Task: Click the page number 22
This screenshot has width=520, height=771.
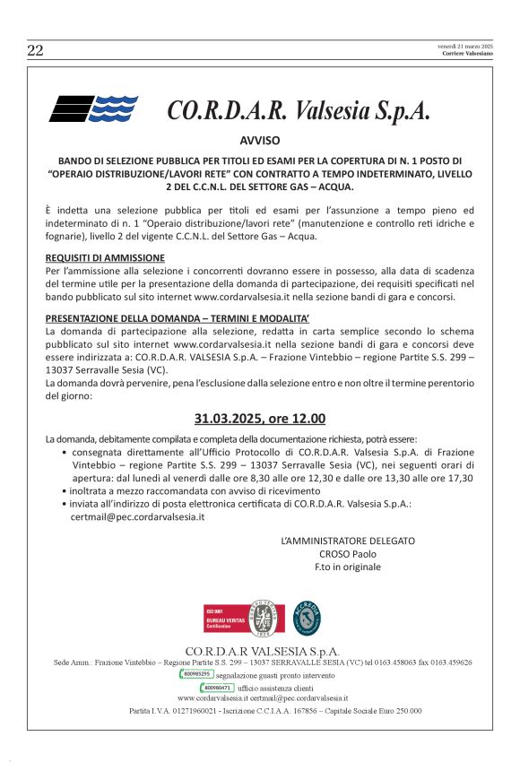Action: (x=36, y=50)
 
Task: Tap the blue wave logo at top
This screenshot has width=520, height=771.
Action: (x=93, y=108)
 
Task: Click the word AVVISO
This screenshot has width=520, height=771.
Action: (x=260, y=141)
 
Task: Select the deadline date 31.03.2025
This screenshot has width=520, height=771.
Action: (x=230, y=418)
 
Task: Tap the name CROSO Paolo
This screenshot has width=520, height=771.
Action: (x=348, y=554)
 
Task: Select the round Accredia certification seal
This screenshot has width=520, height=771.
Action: (x=308, y=618)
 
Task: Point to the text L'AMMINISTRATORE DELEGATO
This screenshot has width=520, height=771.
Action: (x=348, y=541)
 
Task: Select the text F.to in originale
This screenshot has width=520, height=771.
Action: (x=348, y=567)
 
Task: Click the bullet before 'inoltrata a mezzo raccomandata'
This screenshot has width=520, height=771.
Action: (x=64, y=491)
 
